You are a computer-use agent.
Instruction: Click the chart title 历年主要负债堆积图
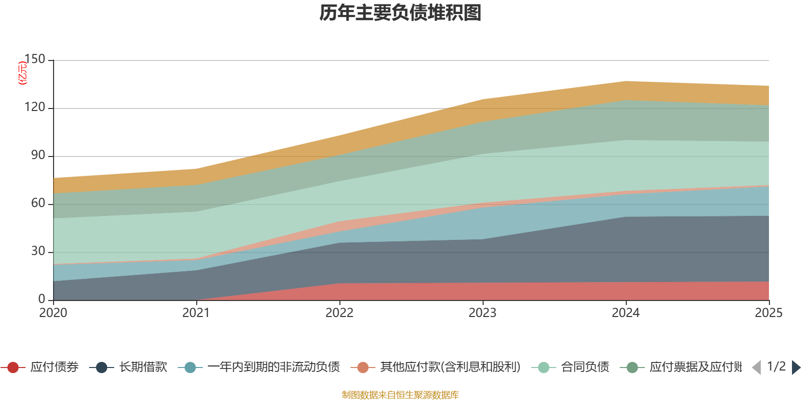[x=400, y=13]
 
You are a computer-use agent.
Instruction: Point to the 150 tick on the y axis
[x=35, y=59]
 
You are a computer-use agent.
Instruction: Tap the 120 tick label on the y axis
[x=35, y=107]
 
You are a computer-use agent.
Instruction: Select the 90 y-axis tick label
[x=38, y=155]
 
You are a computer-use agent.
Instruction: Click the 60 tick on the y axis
[x=38, y=203]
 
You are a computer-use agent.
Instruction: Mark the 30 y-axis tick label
[x=38, y=251]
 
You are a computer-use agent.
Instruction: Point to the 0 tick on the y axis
[x=42, y=299]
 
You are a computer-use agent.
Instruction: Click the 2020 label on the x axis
[x=53, y=313]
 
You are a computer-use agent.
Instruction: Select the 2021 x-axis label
[x=196, y=313]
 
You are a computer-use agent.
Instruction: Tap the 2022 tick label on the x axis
[x=339, y=313]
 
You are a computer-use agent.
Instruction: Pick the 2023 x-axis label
[x=483, y=313]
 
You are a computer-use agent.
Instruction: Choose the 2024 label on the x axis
[x=626, y=313]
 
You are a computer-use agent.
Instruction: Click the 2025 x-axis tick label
[x=768, y=313]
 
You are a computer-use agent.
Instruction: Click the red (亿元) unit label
[x=23, y=73]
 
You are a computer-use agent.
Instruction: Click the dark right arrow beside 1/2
[x=795, y=367]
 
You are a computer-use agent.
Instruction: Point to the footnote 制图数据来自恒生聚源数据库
[x=400, y=395]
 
